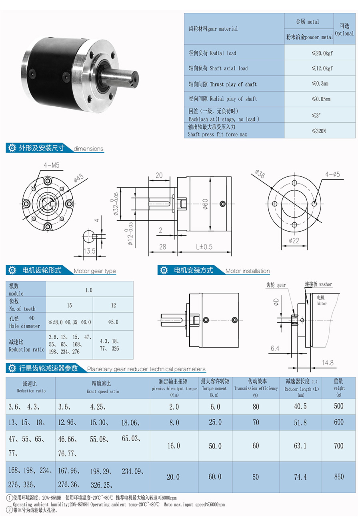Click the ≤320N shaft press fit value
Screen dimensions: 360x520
click(319, 131)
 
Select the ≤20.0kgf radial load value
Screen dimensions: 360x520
click(322, 53)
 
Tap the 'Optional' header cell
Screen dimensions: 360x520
click(344, 29)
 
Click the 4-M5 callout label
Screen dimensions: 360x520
click(52, 165)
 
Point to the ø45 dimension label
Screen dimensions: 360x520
click(79, 178)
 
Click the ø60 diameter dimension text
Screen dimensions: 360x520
click(205, 204)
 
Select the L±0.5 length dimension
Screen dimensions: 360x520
click(204, 246)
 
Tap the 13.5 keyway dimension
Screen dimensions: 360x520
click(89, 251)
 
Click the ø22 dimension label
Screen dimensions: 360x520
click(294, 240)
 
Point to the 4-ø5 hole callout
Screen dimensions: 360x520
click(332, 174)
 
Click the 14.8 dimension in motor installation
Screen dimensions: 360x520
click(327, 363)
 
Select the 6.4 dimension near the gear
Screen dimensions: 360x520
click(275, 348)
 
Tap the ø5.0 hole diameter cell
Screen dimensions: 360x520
click(113, 322)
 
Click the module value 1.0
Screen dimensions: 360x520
click(89, 290)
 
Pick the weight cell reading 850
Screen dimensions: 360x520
click(339, 477)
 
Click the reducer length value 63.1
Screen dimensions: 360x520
click(300, 446)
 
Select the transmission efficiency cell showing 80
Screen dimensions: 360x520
click(256, 406)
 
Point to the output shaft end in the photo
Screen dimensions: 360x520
click(134, 79)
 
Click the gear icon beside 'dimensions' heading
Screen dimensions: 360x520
click(12, 148)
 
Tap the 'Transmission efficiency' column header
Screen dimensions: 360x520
click(256, 388)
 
